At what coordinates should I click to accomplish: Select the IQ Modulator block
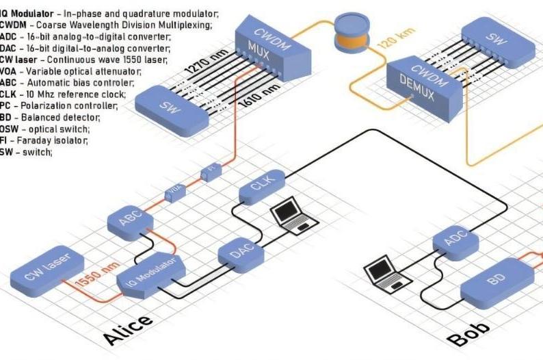click(150, 274)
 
